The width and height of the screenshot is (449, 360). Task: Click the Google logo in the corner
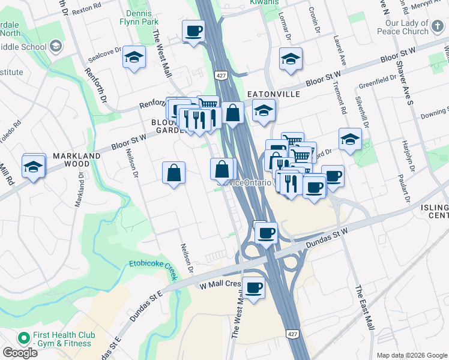tap(20, 353)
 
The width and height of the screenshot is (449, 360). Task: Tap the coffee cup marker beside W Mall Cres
tap(254, 289)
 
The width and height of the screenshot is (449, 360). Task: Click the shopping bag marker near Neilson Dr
tap(173, 173)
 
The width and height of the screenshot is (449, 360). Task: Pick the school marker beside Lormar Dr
tap(291, 59)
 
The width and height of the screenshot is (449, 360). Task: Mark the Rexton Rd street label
tap(83, 12)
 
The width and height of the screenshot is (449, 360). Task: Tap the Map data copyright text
tap(412, 355)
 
